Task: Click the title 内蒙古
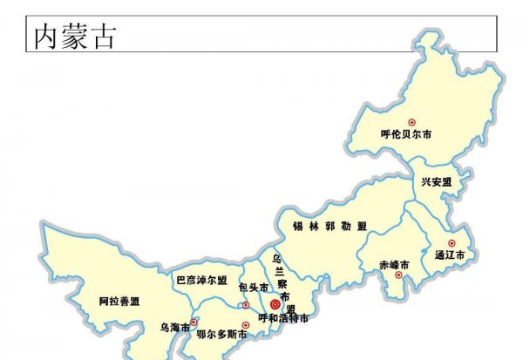pyautogui.click(x=75, y=37)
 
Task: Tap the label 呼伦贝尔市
pyautogui.click(x=407, y=135)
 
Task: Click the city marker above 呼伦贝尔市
pyautogui.click(x=413, y=122)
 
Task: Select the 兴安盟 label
pyautogui.click(x=437, y=182)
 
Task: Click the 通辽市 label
pyautogui.click(x=450, y=256)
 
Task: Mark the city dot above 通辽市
pyautogui.click(x=452, y=243)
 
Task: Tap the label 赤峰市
pyautogui.click(x=394, y=264)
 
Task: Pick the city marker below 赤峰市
pyautogui.click(x=399, y=277)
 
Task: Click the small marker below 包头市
pyautogui.click(x=246, y=304)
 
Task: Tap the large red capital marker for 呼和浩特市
pyautogui.click(x=275, y=304)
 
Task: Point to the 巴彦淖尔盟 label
pyautogui.click(x=202, y=281)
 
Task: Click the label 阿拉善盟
pyautogui.click(x=119, y=302)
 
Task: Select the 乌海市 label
pyautogui.click(x=174, y=329)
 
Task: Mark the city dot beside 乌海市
pyautogui.click(x=194, y=322)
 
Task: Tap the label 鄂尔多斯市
pyautogui.click(x=221, y=334)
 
